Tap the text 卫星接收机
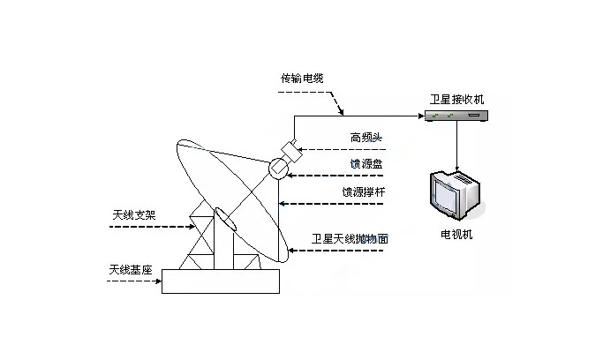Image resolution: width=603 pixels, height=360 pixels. pyautogui.click(x=456, y=100)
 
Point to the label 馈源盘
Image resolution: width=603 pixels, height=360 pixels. pyautogui.click(x=364, y=163)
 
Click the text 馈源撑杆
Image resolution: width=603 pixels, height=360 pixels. pyautogui.click(x=365, y=191)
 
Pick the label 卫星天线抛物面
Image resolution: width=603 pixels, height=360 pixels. pyautogui.click(x=350, y=238)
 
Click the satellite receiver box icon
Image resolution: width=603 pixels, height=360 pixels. pyautogui.click(x=456, y=116)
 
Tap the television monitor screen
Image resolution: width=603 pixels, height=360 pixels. pyautogui.click(x=448, y=196)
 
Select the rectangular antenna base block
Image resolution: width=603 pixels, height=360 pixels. pyautogui.click(x=221, y=281)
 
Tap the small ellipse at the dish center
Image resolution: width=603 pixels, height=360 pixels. pyautogui.click(x=221, y=217)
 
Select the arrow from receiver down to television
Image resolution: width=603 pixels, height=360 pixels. pyautogui.click(x=456, y=146)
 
